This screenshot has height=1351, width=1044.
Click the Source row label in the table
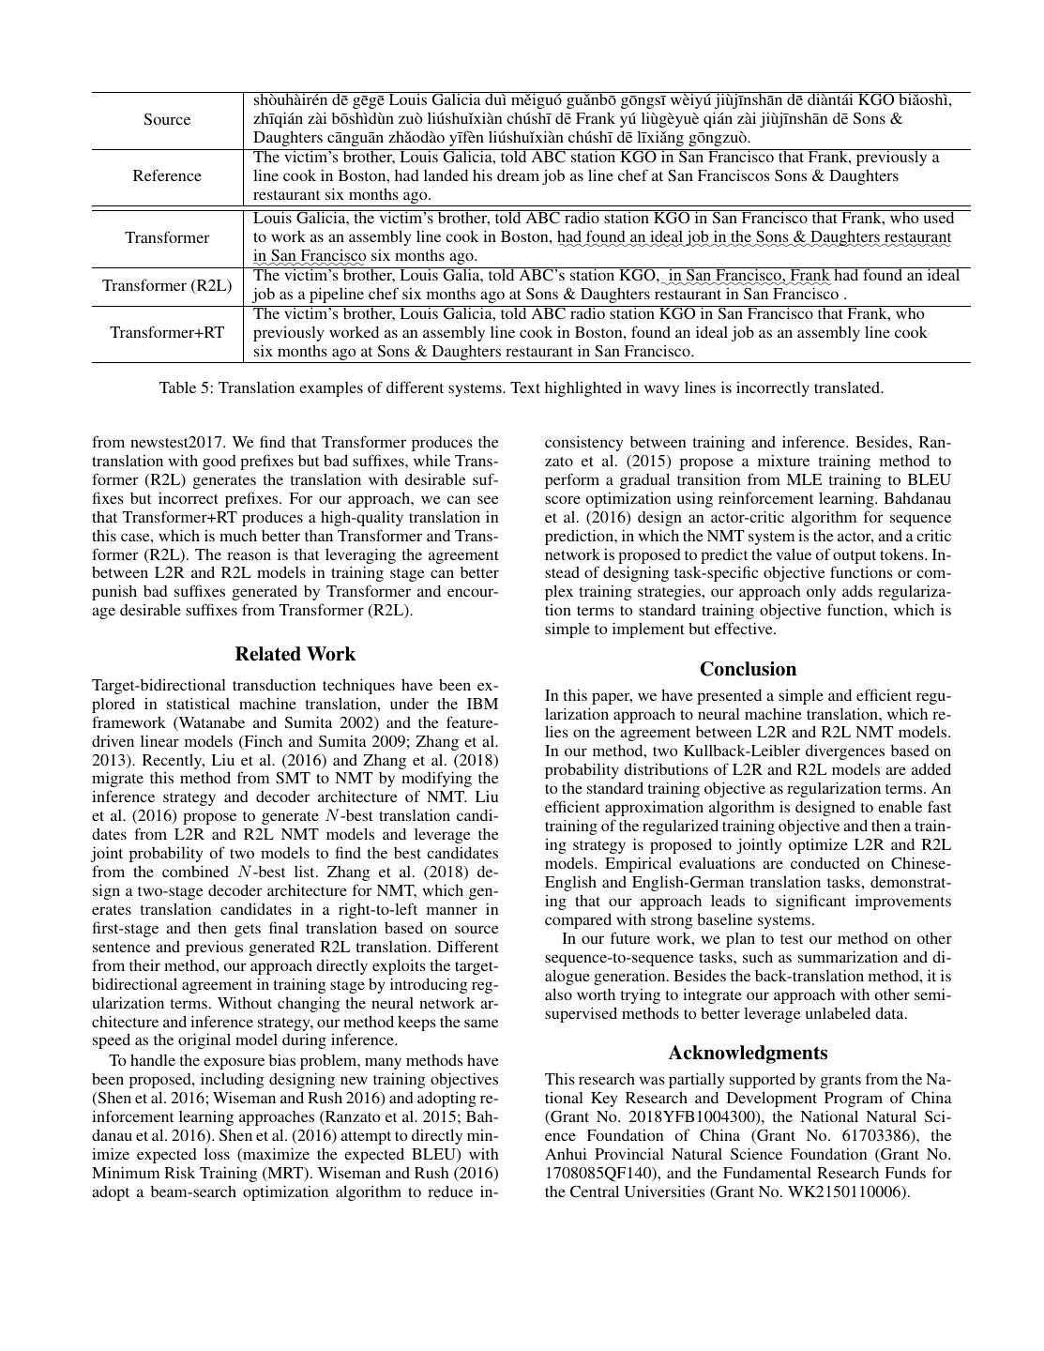tap(167, 119)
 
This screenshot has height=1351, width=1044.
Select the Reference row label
tap(167, 175)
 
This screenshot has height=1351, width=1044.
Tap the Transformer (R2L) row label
tap(167, 285)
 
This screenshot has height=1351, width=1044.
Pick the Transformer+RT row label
tap(167, 332)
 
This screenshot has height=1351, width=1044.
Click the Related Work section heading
tap(295, 654)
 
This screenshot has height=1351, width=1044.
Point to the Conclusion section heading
tap(748, 669)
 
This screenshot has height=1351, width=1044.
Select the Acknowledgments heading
tap(748, 1053)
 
